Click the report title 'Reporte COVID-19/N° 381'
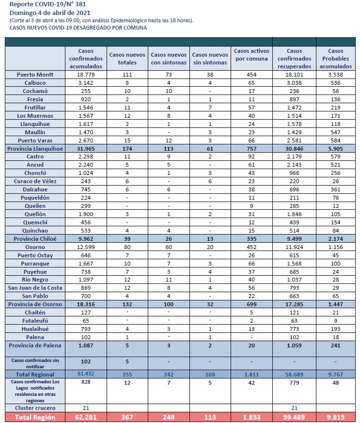pos(48,4)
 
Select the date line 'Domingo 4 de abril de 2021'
pos(50,13)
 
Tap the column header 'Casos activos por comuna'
pos(251,55)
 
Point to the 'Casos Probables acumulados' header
pos(336,59)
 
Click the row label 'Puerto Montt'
pos(35,75)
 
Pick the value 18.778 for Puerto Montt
pos(86,75)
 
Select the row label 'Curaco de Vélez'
pos(35,181)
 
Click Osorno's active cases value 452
pos(251,247)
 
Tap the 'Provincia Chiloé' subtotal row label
pos(35,239)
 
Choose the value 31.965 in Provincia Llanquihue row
pos(86,149)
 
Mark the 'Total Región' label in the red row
pos(35,417)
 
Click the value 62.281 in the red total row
pos(86,417)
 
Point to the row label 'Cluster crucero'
pos(35,408)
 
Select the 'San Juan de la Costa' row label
pos(35,288)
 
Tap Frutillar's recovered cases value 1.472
pos(294,108)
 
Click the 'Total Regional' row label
pos(35,375)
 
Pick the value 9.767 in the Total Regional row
pos(335,375)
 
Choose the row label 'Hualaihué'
pos(35,329)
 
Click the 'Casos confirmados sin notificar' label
pos(35,363)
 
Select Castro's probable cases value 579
pos(335,157)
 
